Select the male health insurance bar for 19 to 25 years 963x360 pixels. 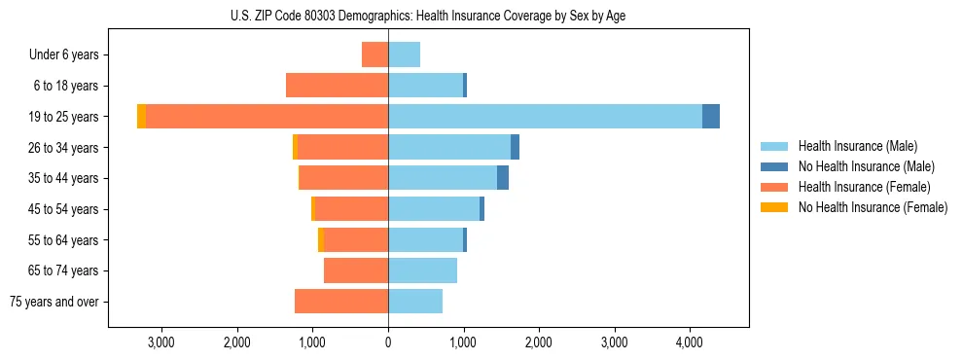[x=545, y=117]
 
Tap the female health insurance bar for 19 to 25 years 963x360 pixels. [x=267, y=117]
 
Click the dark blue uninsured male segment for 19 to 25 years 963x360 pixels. [x=711, y=117]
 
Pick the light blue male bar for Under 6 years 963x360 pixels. [x=404, y=54]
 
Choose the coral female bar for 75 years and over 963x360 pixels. [x=341, y=302]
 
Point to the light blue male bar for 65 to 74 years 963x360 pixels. [x=422, y=270]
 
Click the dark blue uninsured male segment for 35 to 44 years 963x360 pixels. [x=503, y=178]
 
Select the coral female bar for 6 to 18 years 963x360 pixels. [x=337, y=86]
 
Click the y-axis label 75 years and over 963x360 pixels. [x=54, y=302]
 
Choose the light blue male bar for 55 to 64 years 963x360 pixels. [x=425, y=239]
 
